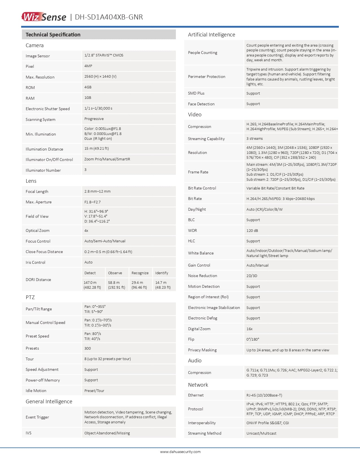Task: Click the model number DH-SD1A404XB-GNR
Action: click(x=109, y=17)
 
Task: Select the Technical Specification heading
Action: click(x=53, y=35)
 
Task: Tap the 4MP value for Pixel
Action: click(x=88, y=66)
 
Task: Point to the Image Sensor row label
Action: click(x=38, y=56)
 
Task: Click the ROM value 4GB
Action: click(x=88, y=87)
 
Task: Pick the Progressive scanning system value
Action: click(x=94, y=119)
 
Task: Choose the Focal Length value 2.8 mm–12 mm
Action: click(x=97, y=191)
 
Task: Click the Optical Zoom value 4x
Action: click(x=86, y=231)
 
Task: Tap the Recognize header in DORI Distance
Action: click(x=140, y=273)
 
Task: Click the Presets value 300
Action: click(x=88, y=349)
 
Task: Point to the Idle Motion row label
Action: click(x=36, y=391)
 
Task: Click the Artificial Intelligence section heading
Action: click(x=211, y=35)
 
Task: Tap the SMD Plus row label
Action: click(x=196, y=93)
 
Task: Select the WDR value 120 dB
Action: click(x=252, y=231)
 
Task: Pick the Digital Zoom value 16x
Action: click(x=250, y=329)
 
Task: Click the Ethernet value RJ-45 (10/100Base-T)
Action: click(x=264, y=395)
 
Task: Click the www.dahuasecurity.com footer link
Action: click(x=180, y=452)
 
